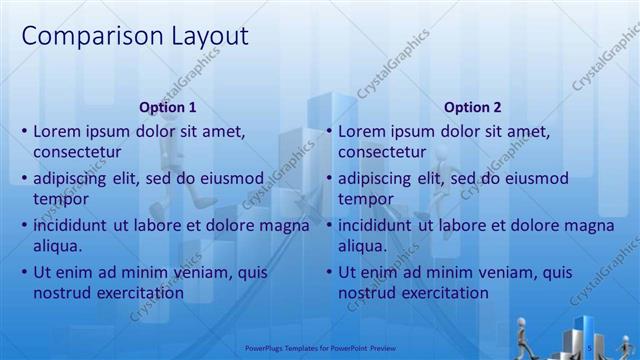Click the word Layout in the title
pyautogui.click(x=203, y=37)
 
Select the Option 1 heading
pyautogui.click(x=168, y=107)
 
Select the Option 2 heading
pyautogui.click(x=473, y=107)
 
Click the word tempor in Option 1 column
pyautogui.click(x=59, y=199)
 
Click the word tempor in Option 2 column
pyautogui.click(x=364, y=199)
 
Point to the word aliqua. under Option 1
pyautogui.click(x=58, y=246)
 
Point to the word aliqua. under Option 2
pyautogui.click(x=363, y=246)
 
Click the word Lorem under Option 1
pyautogui.click(x=56, y=131)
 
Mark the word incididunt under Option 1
pyautogui.click(x=71, y=225)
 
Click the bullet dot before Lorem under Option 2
pyautogui.click(x=329, y=132)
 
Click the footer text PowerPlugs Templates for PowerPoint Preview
pyautogui.click(x=320, y=348)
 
